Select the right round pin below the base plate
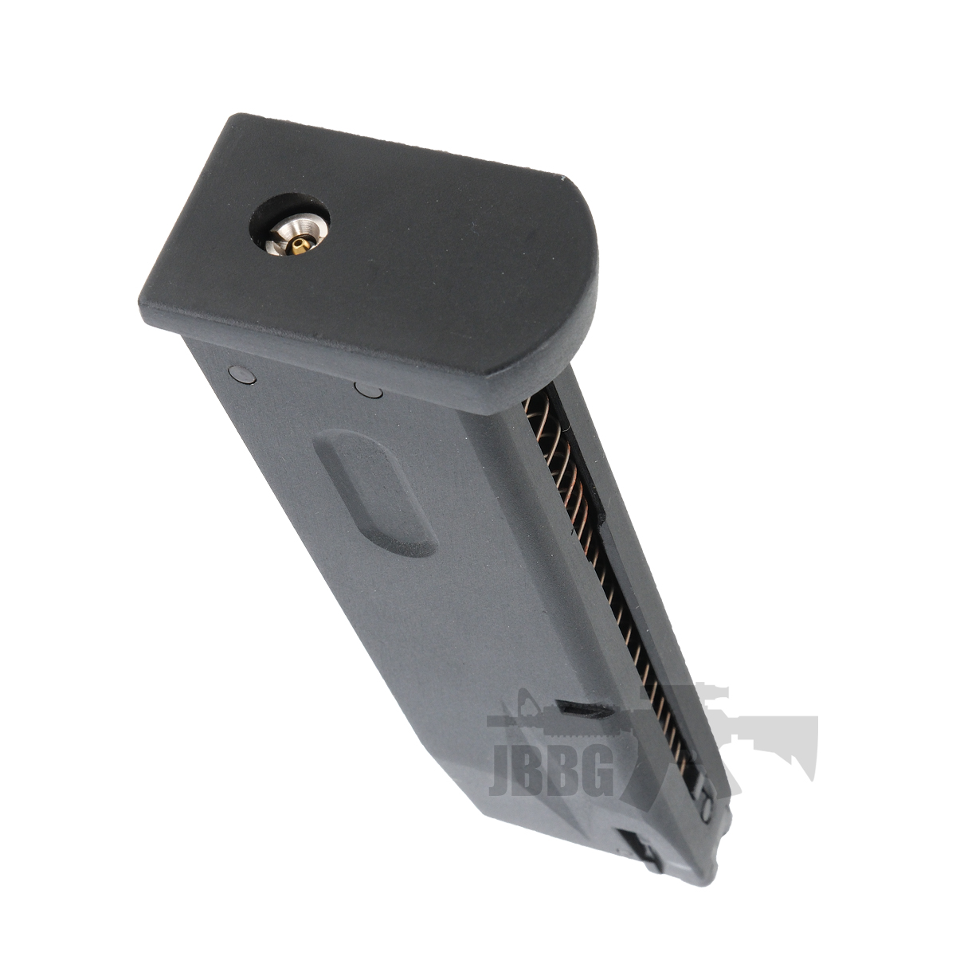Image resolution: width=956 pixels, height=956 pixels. pos(370,390)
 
